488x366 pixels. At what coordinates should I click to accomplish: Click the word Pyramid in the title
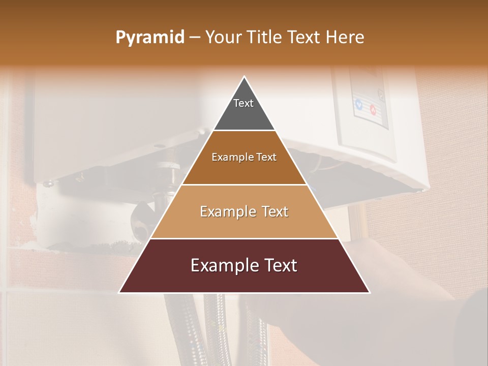pos(149,38)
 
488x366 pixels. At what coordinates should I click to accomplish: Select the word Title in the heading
pos(267,38)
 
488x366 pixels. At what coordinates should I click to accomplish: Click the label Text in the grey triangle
pos(243,103)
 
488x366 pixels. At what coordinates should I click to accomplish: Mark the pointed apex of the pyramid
pos(245,77)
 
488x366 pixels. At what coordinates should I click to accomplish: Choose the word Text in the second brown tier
pos(265,157)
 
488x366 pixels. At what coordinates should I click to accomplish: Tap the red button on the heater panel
pos(373,109)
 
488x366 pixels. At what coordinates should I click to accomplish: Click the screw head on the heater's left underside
pos(48,184)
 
